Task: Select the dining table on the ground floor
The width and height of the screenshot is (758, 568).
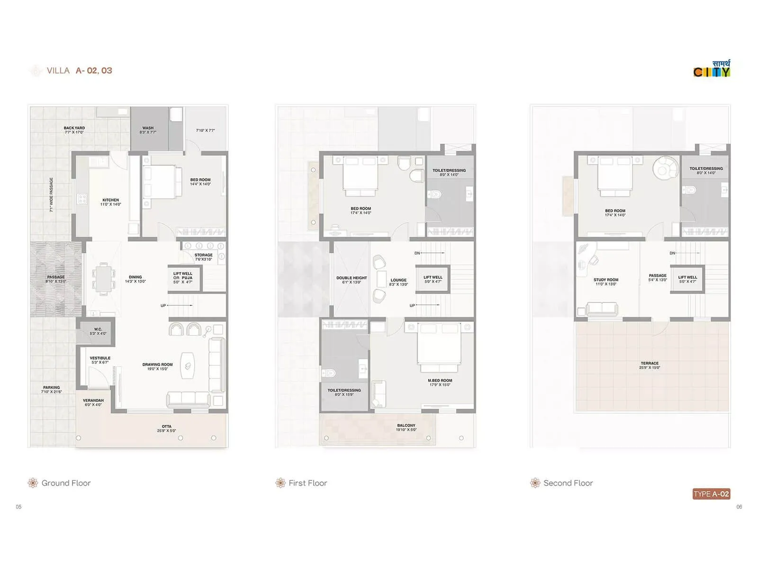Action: coord(103,278)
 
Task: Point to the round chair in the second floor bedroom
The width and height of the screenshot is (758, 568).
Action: coord(666,167)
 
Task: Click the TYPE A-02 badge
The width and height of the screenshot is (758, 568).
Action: coord(711,494)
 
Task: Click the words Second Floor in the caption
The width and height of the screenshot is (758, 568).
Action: coord(568,483)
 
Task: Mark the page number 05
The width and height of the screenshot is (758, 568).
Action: coord(19,506)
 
